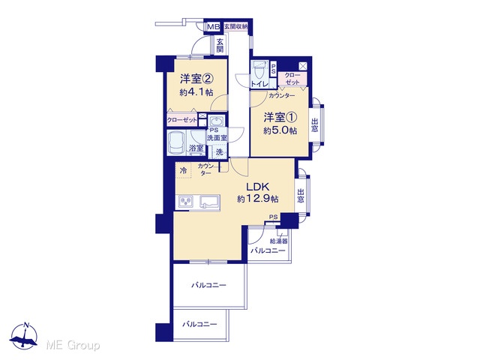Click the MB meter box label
tap(213, 27)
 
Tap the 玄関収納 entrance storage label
tap(236, 27)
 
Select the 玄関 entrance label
tap(220, 45)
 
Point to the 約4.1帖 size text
tap(196, 92)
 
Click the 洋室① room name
tap(280, 117)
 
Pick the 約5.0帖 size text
tap(280, 130)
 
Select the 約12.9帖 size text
tap(258, 199)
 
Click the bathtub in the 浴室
tap(178, 143)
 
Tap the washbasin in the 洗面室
tap(217, 120)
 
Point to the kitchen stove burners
tap(186, 202)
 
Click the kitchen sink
tap(210, 202)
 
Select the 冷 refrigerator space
tap(183, 170)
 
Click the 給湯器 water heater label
tap(278, 241)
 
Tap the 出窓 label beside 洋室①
tap(314, 124)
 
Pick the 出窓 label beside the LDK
tap(301, 196)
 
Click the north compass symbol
tap(23, 336)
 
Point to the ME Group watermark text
tap(73, 345)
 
